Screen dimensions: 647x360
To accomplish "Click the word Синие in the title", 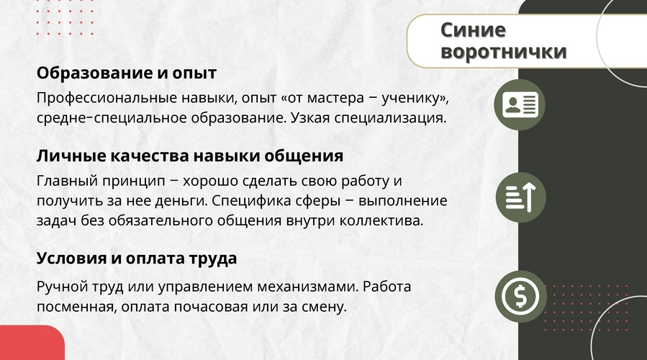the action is click(473, 30).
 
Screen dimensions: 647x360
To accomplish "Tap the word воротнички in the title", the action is click(503, 52).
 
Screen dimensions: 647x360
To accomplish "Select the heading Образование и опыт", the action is click(126, 73).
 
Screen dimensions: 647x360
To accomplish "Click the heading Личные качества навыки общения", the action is click(190, 156).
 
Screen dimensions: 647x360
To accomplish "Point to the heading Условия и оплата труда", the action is click(137, 258).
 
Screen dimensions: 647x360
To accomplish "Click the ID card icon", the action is click(520, 105).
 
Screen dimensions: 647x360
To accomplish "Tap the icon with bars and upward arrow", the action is click(520, 197).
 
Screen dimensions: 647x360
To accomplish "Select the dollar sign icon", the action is click(520, 296).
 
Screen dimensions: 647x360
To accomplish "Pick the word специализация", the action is click(390, 119).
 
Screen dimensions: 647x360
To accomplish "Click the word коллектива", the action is click(381, 221).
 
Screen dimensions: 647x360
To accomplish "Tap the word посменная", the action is click(77, 307).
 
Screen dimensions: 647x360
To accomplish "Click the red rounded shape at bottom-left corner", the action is click(32, 343).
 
